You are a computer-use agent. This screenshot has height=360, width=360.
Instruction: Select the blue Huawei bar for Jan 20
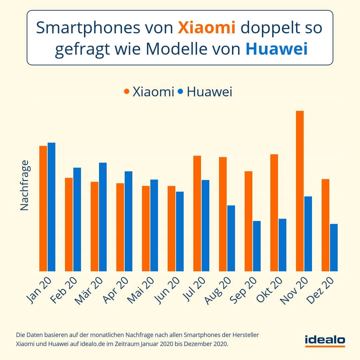pyautogui.click(x=51, y=207)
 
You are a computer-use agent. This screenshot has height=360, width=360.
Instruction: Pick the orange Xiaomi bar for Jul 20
pyautogui.click(x=197, y=213)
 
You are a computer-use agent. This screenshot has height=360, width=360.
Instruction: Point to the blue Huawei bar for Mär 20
pyautogui.click(x=103, y=217)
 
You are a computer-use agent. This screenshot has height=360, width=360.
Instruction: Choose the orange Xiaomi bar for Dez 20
pyautogui.click(x=325, y=225)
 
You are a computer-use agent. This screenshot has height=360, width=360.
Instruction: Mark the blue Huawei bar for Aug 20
pyautogui.click(x=231, y=238)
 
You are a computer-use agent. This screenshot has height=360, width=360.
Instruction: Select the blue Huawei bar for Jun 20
pyautogui.click(x=180, y=231)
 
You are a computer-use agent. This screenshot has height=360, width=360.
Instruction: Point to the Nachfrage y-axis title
pyautogui.click(x=24, y=185)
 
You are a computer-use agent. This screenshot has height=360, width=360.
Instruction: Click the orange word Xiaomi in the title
pyautogui.click(x=207, y=28)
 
